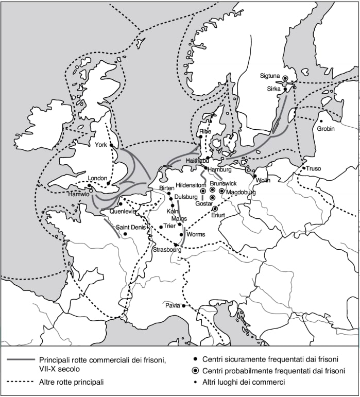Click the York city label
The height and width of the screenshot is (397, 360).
pyautogui.click(x=101, y=145)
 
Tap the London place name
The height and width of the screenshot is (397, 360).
pyautogui.click(x=97, y=178)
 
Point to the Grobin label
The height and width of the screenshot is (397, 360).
pyautogui.click(x=326, y=129)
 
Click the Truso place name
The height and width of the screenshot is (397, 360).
pyautogui.click(x=314, y=168)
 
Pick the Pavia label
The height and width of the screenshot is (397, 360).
pyautogui.click(x=173, y=305)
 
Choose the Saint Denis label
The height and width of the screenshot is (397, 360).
pyautogui.click(x=129, y=227)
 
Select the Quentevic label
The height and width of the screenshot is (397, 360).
pyautogui.click(x=122, y=211)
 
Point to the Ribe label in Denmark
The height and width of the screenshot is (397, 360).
pyautogui.click(x=205, y=131)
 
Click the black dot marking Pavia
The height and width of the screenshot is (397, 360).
pyautogui.click(x=183, y=306)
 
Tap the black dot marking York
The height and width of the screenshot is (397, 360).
pyautogui.click(x=111, y=145)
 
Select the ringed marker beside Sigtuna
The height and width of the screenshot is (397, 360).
pyautogui.click(x=285, y=78)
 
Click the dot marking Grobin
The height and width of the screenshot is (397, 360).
pyautogui.click(x=321, y=121)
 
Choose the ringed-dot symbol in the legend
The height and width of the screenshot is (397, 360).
pyautogui.click(x=194, y=370)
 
